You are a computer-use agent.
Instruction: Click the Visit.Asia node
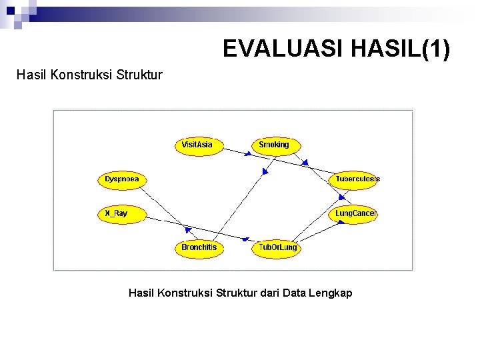point(197,145)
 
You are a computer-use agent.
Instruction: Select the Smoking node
point(274,145)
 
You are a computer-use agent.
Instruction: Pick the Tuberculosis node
point(357,179)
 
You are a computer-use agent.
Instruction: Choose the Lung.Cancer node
point(355,213)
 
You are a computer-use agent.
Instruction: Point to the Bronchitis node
point(199,247)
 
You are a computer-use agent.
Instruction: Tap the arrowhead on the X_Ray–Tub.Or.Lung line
point(246,239)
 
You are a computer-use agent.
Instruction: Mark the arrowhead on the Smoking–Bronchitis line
point(264,172)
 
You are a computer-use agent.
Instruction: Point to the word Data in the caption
point(293,293)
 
